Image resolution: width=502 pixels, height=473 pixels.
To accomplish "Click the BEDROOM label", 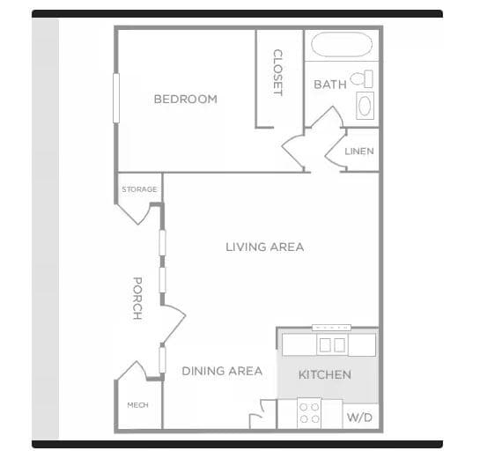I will click(x=185, y=100).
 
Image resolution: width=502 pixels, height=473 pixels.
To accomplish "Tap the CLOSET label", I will click(x=277, y=73).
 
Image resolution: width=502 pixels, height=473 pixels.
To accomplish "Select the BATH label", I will click(x=330, y=85).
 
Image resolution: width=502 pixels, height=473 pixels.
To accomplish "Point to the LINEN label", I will click(x=358, y=151).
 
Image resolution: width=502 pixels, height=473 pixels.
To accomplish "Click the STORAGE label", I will click(x=139, y=189).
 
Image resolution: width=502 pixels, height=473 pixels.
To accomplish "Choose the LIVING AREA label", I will click(x=264, y=247).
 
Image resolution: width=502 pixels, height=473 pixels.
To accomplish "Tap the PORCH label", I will click(x=137, y=298).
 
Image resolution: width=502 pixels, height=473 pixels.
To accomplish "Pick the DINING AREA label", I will click(x=222, y=371).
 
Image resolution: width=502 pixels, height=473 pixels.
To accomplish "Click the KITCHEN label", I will click(x=324, y=374).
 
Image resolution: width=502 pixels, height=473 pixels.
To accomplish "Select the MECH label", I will click(x=137, y=405).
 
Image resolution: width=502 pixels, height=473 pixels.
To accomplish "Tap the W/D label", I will click(x=358, y=416).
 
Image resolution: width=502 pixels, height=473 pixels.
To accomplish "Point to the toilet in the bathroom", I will click(x=362, y=79).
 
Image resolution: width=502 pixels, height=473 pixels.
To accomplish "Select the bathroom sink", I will click(x=365, y=106).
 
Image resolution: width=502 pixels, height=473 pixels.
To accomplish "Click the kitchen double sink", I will click(x=331, y=344).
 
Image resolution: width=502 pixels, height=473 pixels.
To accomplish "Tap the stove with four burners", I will click(x=309, y=413).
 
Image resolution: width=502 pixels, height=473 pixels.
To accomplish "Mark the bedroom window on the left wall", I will click(x=115, y=98).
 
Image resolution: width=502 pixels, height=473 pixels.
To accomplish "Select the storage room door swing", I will click(x=141, y=211).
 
